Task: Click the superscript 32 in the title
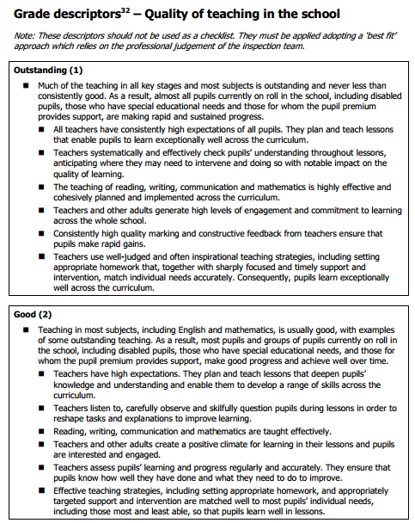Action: click(x=115, y=9)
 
